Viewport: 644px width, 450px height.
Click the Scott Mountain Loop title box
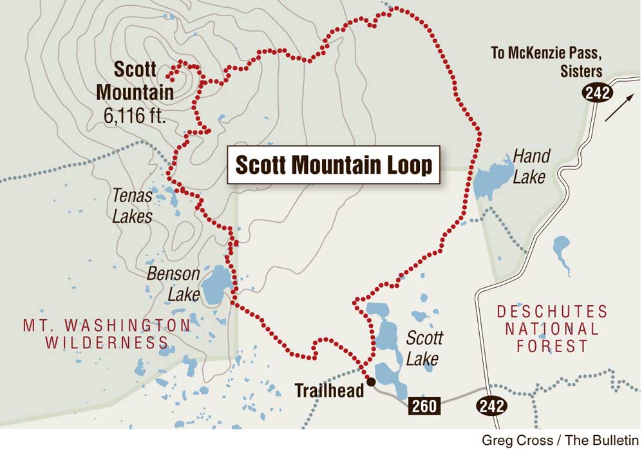[x=334, y=165]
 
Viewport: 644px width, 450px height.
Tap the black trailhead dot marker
[x=371, y=382]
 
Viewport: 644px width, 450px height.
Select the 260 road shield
[x=424, y=406]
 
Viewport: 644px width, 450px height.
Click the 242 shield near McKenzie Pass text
[x=597, y=93]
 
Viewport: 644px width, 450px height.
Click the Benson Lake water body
[x=214, y=286]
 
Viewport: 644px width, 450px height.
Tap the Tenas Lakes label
[x=132, y=205]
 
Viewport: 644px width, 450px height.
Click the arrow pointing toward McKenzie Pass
[x=620, y=108]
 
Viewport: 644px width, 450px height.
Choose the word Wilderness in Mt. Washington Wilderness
[x=107, y=342]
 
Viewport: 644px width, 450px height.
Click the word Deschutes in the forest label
[x=552, y=312]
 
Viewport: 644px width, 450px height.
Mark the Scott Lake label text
[x=424, y=348]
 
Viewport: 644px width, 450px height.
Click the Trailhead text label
[x=329, y=390]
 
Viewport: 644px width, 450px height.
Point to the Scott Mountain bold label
[x=135, y=80]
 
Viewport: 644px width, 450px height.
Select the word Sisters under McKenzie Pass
[x=581, y=71]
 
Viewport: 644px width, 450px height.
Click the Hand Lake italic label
[x=531, y=166]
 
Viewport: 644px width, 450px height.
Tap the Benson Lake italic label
[x=174, y=284]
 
